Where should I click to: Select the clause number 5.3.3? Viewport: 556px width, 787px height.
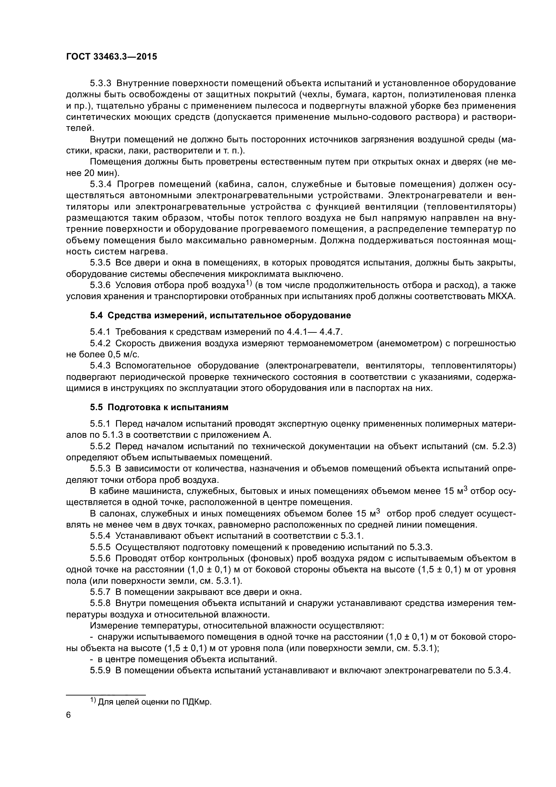pos(100,83)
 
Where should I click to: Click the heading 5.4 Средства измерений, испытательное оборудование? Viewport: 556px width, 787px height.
pos(221,315)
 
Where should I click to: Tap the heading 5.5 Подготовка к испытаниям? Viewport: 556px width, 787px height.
pos(159,407)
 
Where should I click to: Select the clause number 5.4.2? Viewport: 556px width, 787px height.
pos(100,344)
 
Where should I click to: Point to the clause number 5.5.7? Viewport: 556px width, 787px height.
pos(100,592)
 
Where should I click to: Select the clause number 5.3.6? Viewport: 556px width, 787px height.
pos(100,285)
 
